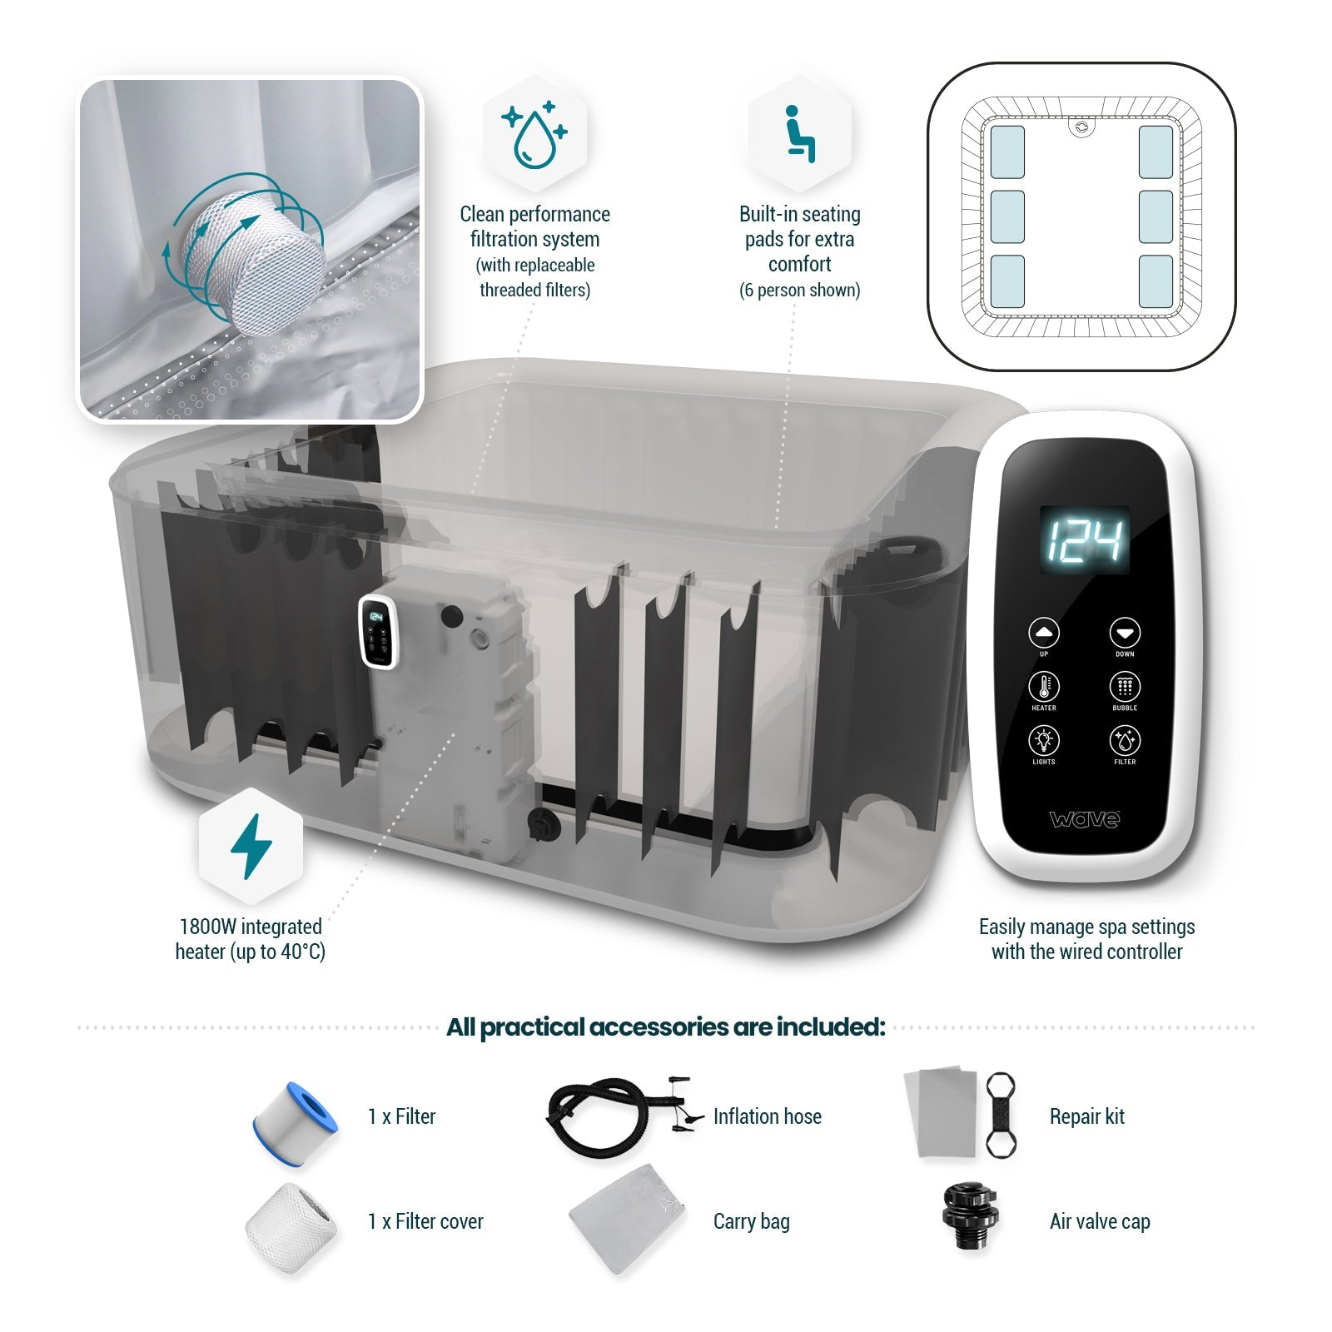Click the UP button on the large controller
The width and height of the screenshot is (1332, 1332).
(x=1044, y=633)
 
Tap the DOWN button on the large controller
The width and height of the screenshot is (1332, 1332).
(x=1125, y=633)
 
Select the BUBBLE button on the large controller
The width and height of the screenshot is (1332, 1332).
(x=1125, y=687)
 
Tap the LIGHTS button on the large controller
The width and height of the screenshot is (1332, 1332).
(x=1044, y=740)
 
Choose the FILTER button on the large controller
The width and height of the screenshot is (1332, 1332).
(x=1125, y=740)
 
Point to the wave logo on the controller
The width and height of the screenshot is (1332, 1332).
(x=1085, y=819)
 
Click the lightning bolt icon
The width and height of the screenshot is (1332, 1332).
(x=251, y=846)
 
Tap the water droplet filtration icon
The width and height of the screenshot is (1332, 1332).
(x=534, y=133)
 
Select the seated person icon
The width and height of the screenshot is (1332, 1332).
(x=799, y=133)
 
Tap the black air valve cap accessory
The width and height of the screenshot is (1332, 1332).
(x=969, y=1217)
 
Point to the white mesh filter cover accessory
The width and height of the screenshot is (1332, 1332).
(x=291, y=1227)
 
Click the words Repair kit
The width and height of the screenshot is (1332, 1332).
(x=1086, y=1116)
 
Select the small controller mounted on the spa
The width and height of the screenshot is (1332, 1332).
(x=377, y=632)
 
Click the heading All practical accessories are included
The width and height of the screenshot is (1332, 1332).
(x=665, y=1027)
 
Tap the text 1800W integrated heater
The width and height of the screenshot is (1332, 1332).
(x=251, y=927)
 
